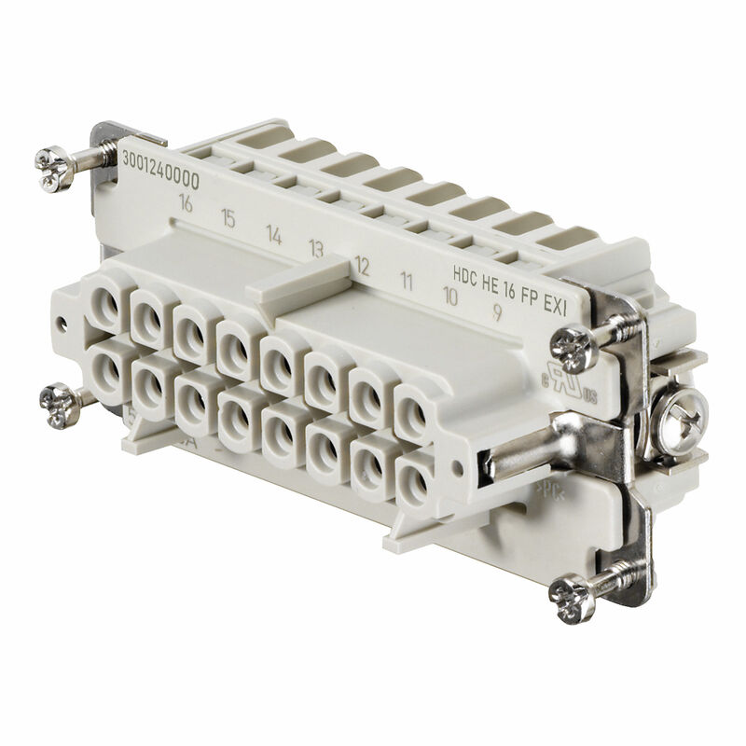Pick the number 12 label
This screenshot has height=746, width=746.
coord(362,267)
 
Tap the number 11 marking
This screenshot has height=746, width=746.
coord(407,279)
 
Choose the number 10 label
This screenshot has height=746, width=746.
coord(449,297)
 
